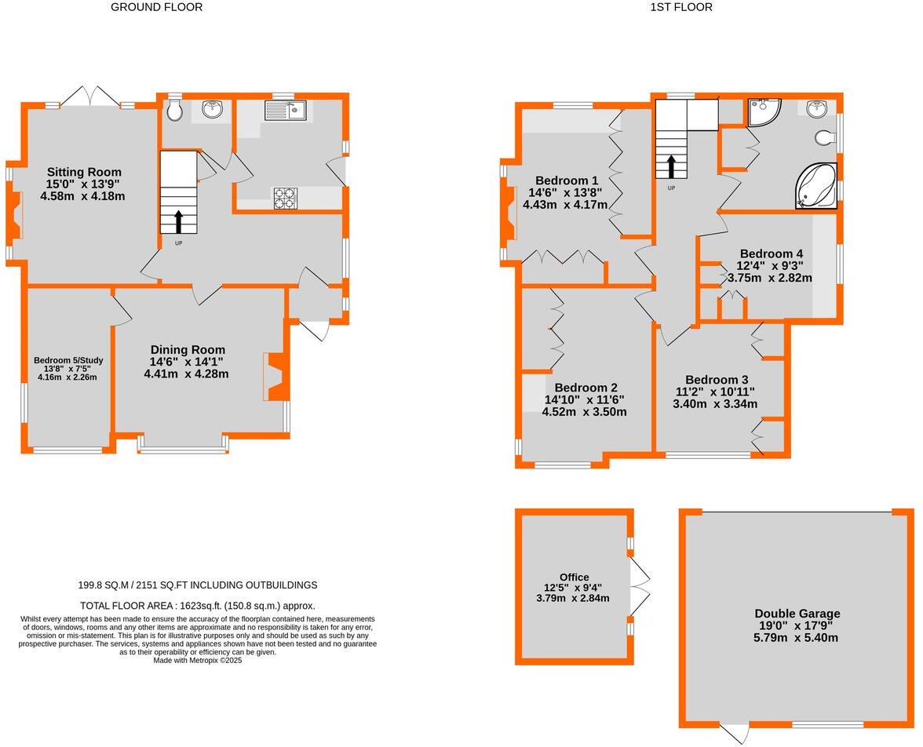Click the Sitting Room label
click(x=83, y=172)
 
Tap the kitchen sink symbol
click(x=285, y=111)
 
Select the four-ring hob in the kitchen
click(x=285, y=199)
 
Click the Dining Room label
click(x=188, y=350)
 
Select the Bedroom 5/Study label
click(x=68, y=361)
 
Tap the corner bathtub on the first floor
click(x=817, y=186)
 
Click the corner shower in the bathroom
click(x=761, y=112)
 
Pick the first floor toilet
click(x=824, y=138)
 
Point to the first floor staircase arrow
click(x=671, y=167)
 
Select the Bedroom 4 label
click(x=771, y=253)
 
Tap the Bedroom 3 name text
click(x=716, y=380)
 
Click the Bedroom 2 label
click(x=586, y=388)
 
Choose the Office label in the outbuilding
click(x=574, y=577)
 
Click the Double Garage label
click(x=797, y=614)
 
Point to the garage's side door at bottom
click(x=734, y=731)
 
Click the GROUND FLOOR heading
click(x=156, y=7)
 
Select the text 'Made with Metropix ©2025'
click(x=197, y=661)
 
